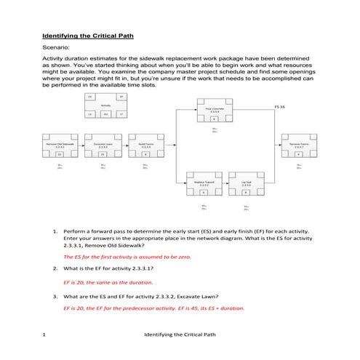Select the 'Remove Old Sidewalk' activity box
60,148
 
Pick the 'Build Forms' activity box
145,148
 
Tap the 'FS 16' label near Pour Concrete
279,107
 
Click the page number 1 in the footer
44,334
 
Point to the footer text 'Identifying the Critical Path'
180,334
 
